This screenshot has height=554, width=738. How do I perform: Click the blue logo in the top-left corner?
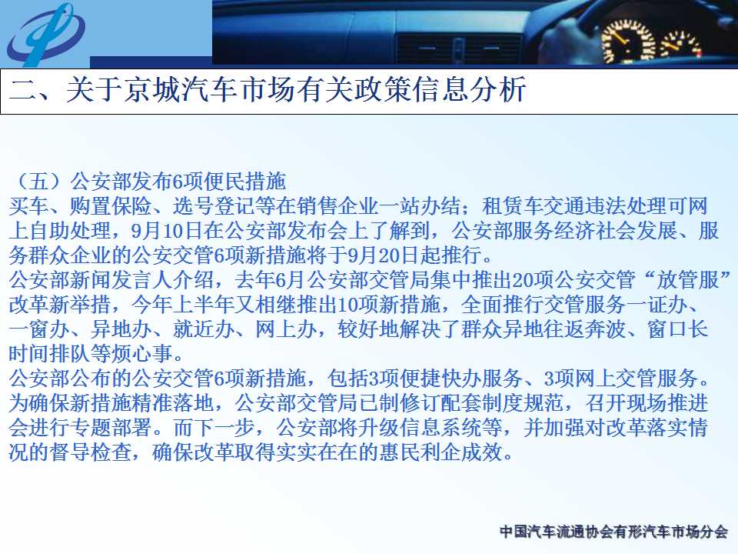tap(46, 34)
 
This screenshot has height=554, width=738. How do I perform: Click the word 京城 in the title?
tap(152, 89)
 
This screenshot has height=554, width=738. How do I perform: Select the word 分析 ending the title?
tap(497, 89)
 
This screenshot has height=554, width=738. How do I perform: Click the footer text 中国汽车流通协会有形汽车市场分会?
tap(613, 532)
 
